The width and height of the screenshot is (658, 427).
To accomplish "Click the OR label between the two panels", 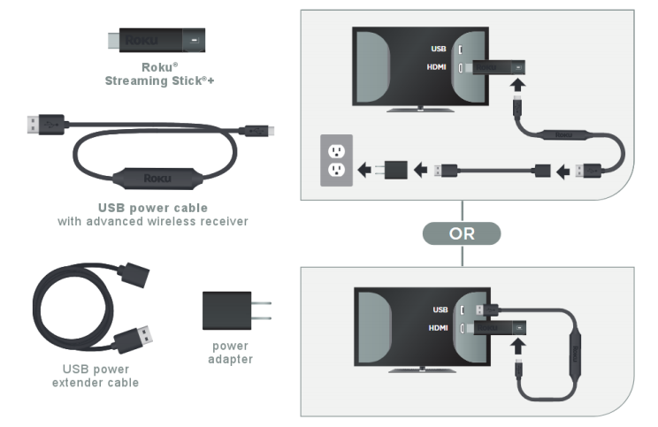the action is (462, 233).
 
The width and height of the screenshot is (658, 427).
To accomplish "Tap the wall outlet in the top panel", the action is (336, 161).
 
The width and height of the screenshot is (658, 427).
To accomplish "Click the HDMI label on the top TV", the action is (436, 67).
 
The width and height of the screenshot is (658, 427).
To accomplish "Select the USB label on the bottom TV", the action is (440, 310).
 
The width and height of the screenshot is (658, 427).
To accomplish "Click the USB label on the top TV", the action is (439, 50).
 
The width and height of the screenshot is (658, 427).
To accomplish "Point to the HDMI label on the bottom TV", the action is (438, 328).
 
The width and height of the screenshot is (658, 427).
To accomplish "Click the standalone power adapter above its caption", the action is (237, 311).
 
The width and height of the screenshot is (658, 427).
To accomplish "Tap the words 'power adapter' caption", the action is (230, 353).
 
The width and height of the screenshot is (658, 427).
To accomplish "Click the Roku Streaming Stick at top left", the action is (157, 41).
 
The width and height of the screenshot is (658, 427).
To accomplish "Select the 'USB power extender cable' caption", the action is (96, 376).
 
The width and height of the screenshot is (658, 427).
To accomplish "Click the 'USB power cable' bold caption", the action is (153, 208).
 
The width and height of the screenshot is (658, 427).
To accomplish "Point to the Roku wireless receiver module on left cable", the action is (157, 179).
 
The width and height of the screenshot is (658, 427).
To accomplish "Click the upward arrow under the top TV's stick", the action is (518, 84).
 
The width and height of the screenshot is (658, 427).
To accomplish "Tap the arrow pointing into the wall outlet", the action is (364, 171).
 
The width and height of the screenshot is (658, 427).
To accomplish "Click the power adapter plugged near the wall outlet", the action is (391, 171).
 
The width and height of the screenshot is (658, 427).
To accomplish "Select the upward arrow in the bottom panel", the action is (518, 347).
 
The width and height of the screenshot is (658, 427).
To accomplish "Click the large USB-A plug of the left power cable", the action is (46, 125).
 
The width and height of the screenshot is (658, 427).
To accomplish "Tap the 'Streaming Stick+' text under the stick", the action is (159, 81).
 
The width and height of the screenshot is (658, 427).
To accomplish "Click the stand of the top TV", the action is (420, 110).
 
